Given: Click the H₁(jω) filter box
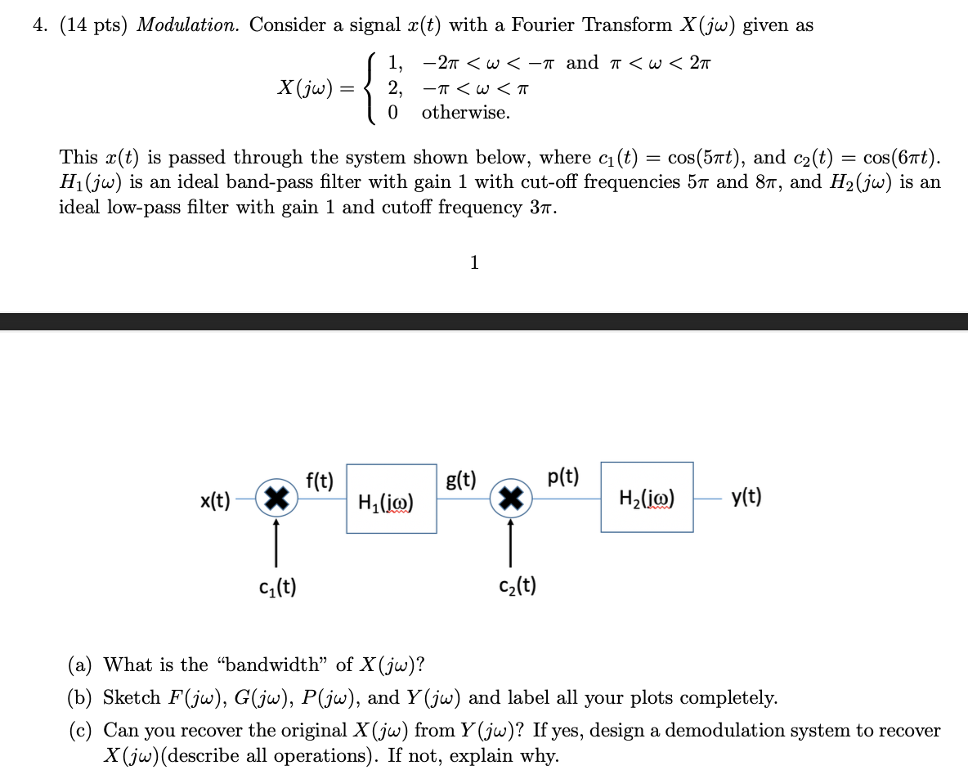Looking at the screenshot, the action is [x=391, y=499].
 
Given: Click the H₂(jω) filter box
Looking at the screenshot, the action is [x=647, y=497].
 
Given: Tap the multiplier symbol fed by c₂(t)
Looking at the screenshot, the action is [x=511, y=497].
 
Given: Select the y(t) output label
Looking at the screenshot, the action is [x=746, y=496].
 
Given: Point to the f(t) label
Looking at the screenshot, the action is [x=319, y=481].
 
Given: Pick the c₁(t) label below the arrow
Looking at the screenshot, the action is [x=277, y=586].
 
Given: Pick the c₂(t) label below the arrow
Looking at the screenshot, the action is [x=518, y=585].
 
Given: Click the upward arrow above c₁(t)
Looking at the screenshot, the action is [x=276, y=540].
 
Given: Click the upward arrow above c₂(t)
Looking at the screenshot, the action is [x=511, y=540].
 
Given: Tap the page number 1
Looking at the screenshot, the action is [x=474, y=262].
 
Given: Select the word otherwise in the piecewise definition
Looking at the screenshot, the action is [x=465, y=113].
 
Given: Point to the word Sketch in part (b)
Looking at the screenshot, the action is [x=132, y=697].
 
